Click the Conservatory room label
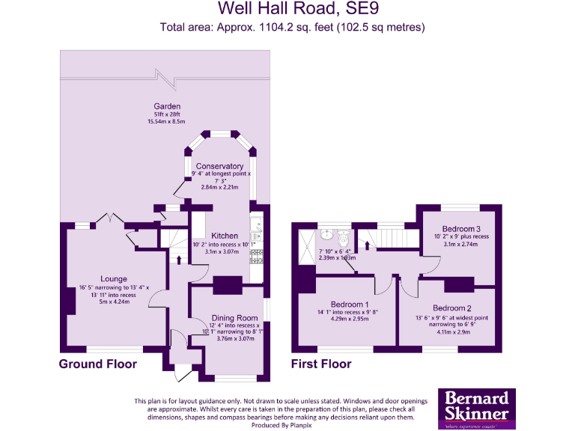pyautogui.click(x=219, y=166)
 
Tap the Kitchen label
pyautogui.click(x=225, y=236)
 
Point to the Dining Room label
pyautogui.click(x=234, y=318)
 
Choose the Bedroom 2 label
pyautogui.click(x=451, y=308)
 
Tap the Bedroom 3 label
pyautogui.click(x=460, y=228)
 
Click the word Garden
pyautogui.click(x=167, y=106)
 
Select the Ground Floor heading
pyautogui.click(x=98, y=364)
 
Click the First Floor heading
pyautogui.click(x=321, y=364)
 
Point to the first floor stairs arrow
pyautogui.click(x=368, y=243)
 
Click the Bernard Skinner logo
pyautogui.click(x=477, y=409)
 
